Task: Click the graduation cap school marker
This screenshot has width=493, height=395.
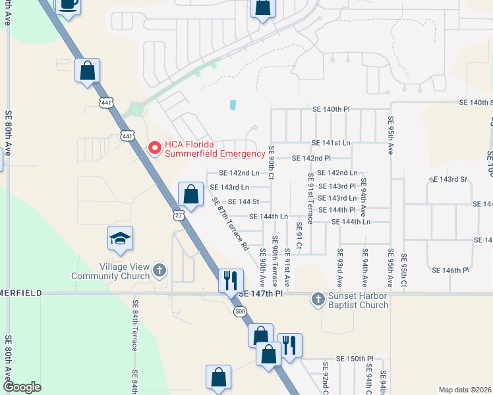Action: coord(121,238)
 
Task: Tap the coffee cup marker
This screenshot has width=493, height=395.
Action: coord(68,5)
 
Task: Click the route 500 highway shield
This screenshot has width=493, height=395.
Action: coord(239,310)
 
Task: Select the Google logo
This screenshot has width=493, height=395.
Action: coord(22,387)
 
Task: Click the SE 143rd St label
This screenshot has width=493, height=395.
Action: coord(448,179)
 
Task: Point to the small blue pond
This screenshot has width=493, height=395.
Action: coord(233,105)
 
